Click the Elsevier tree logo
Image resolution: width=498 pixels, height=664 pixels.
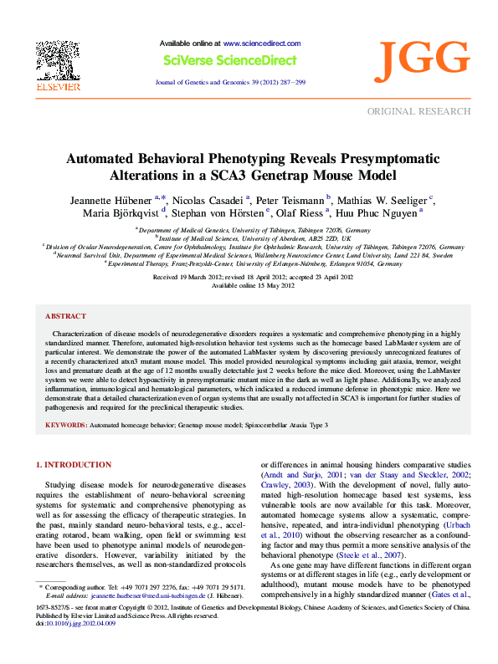(x=57, y=59)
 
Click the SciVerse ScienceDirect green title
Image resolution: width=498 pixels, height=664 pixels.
(x=229, y=60)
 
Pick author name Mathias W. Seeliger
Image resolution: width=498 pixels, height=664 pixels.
(x=388, y=202)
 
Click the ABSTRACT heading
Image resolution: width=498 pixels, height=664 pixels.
(x=65, y=293)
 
